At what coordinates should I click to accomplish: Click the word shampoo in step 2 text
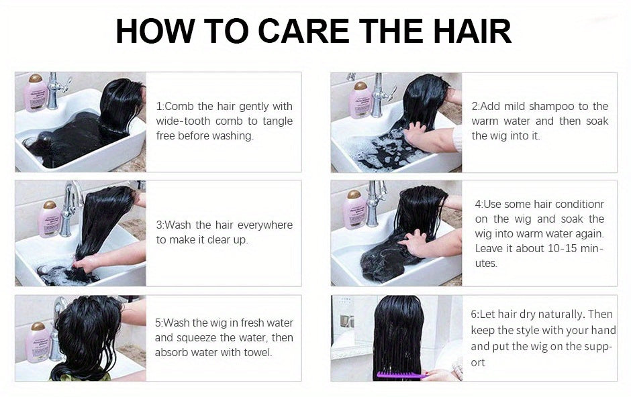552,106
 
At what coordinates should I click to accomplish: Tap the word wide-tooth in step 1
183,121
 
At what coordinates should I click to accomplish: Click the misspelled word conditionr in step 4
579,204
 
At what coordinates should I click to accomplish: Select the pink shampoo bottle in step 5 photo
38,342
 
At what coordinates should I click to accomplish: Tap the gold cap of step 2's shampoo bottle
360,86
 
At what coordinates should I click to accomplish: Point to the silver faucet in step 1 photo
55,91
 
